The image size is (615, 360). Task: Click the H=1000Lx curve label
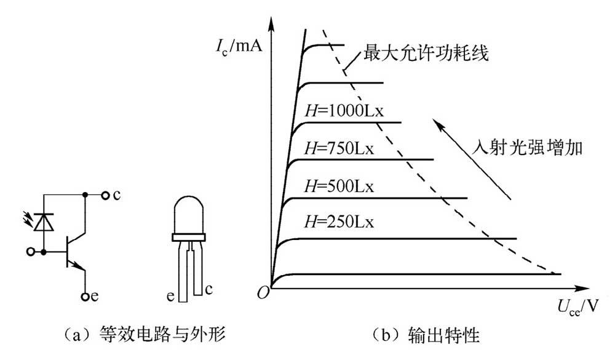(344, 111)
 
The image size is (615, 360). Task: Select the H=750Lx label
(339, 149)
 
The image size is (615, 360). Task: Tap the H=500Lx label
(339, 186)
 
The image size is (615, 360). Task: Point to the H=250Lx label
(339, 222)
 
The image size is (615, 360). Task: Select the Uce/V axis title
(578, 306)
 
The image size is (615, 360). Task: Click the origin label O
(263, 292)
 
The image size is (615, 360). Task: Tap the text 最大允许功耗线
(426, 53)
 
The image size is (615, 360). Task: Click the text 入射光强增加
(527, 148)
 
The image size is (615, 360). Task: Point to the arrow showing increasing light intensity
(472, 159)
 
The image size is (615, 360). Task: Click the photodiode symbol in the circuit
(44, 222)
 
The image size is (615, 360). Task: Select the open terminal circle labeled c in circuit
(105, 195)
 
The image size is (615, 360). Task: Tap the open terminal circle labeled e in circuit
(85, 297)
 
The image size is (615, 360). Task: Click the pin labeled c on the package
(198, 271)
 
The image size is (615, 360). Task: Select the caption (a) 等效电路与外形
(145, 335)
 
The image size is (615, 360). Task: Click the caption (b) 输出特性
(425, 335)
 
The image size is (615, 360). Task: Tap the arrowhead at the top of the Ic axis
(270, 23)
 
